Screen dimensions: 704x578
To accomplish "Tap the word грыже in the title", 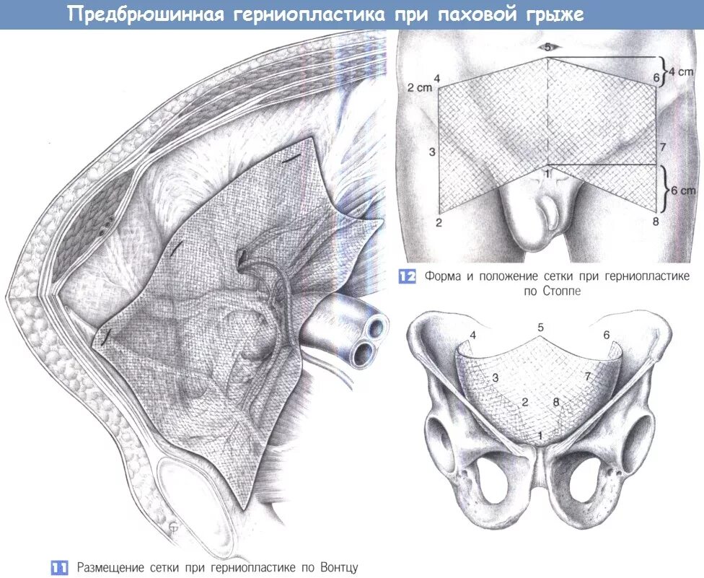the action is tap(553, 15).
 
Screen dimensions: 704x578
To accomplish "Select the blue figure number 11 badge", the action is tap(60, 567).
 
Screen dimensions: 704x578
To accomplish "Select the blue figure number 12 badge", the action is tap(408, 276).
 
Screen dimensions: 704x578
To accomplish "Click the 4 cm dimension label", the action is tap(679, 71).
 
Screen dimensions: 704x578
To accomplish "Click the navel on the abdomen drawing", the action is tap(547, 48).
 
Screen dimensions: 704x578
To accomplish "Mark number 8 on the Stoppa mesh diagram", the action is tap(655, 222).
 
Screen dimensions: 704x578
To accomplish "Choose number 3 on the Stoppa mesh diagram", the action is tap(432, 152).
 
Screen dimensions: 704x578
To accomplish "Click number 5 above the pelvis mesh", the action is tap(540, 328).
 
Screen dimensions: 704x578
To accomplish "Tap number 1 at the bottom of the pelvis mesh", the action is tap(540, 435).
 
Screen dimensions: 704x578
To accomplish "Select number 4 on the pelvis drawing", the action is tap(473, 335).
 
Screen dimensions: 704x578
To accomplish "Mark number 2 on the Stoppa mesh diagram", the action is tap(438, 222).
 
